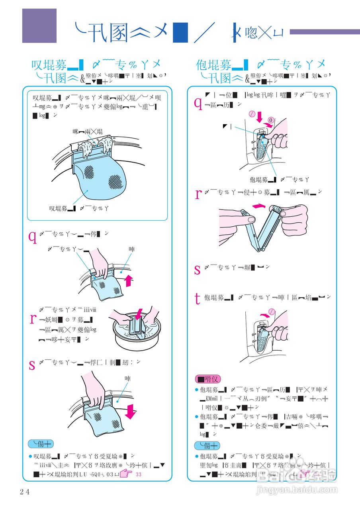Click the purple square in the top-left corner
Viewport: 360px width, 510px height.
click(39, 26)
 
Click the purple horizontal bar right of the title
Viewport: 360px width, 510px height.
click(325, 32)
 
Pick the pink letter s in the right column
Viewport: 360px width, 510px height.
click(197, 269)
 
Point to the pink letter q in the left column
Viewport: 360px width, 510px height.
click(32, 237)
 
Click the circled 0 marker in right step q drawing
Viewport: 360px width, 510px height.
click(270, 120)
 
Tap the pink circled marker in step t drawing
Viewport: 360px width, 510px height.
click(272, 311)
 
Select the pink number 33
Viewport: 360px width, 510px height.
click(138, 475)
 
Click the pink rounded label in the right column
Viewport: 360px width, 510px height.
click(207, 379)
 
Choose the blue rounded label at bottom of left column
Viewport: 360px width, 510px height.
click(41, 444)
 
